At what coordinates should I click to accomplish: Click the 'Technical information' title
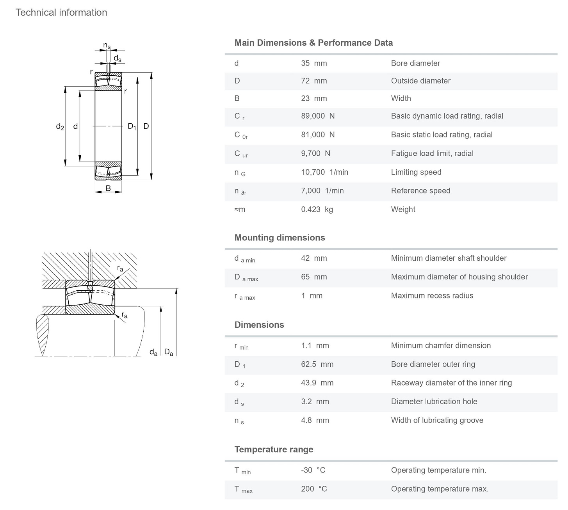(x=61, y=12)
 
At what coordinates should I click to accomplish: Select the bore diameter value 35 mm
(x=314, y=63)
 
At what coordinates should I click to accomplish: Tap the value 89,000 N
(x=318, y=116)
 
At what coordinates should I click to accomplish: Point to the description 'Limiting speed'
(x=416, y=172)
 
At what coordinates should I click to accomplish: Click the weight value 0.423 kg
(x=317, y=210)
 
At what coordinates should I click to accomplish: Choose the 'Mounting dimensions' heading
(x=280, y=238)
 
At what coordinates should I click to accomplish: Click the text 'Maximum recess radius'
(x=432, y=296)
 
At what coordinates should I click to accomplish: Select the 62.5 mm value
(x=317, y=364)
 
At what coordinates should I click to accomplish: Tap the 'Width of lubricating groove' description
(x=437, y=420)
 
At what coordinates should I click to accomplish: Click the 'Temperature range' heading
(x=274, y=450)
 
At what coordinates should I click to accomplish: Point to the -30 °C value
(x=313, y=470)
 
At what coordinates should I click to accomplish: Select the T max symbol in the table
(x=243, y=489)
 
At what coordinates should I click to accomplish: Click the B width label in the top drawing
(x=108, y=188)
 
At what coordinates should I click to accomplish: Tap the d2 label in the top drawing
(x=60, y=126)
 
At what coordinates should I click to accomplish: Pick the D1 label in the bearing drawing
(x=132, y=126)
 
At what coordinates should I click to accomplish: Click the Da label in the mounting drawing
(x=169, y=352)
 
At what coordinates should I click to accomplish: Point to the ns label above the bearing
(x=107, y=46)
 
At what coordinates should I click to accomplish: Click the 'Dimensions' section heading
(x=259, y=325)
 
